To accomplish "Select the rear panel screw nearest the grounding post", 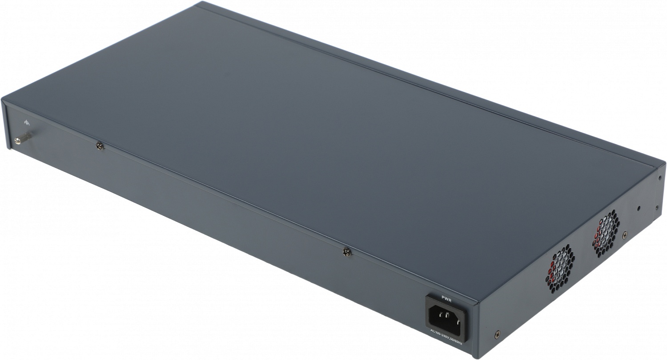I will tap(100, 145).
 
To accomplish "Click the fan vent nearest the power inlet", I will tap(559, 267).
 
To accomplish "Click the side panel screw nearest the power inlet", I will tap(497, 333).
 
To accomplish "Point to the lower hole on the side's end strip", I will tap(656, 207).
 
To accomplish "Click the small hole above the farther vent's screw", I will tap(639, 208).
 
